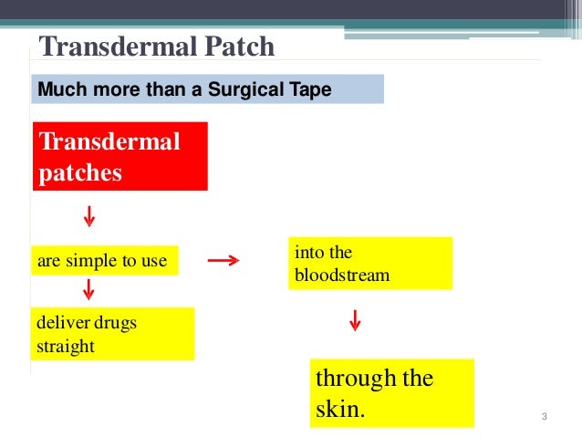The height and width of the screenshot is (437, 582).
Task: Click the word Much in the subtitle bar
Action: click(57, 89)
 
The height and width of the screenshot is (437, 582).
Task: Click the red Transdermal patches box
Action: click(120, 156)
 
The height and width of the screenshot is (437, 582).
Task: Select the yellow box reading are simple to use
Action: click(103, 261)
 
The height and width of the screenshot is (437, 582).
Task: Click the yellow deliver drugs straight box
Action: click(114, 334)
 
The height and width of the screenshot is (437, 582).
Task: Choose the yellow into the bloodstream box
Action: click(370, 263)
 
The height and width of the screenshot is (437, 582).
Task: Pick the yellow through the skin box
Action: click(392, 392)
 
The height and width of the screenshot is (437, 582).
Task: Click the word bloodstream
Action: click(341, 275)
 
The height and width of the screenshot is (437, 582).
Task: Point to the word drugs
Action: click(115, 323)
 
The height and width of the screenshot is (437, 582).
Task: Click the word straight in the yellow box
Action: click(66, 347)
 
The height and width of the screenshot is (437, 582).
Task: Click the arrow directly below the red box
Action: click(89, 217)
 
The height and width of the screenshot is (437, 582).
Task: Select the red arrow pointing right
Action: click(223, 261)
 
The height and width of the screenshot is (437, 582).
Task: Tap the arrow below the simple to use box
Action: click(89, 290)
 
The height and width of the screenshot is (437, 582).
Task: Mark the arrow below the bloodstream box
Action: click(355, 321)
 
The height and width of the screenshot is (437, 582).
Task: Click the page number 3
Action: click(544, 418)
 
